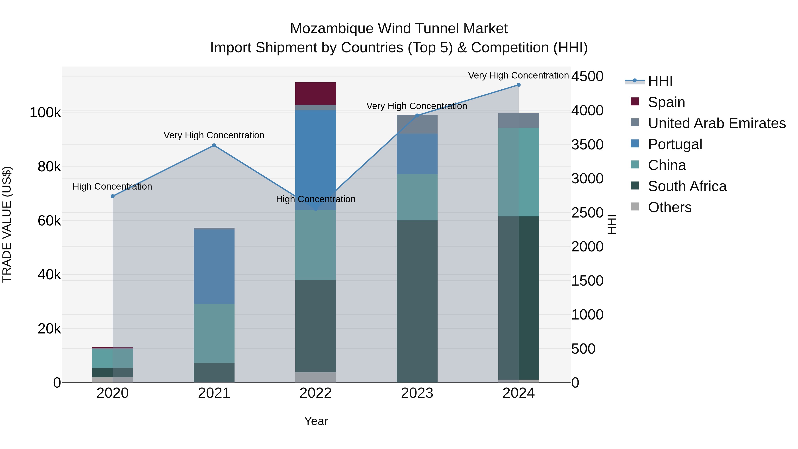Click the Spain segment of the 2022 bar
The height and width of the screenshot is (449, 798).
tap(315, 93)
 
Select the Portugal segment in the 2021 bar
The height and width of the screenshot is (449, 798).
tap(214, 267)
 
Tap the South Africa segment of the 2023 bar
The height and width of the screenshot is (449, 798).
tap(417, 301)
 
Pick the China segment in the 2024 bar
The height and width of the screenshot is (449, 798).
tap(518, 172)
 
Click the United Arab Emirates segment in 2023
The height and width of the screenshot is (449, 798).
tap(417, 124)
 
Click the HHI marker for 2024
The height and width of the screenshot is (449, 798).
tap(518, 85)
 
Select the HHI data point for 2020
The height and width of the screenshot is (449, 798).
tap(112, 196)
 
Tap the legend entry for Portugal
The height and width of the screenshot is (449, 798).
tap(675, 144)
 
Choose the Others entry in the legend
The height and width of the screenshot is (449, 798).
tap(669, 207)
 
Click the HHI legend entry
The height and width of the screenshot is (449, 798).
tap(660, 81)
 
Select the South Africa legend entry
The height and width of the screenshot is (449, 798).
tap(687, 186)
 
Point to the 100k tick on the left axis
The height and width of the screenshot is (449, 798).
tap(45, 112)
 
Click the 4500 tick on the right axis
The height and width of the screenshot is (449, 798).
tap(587, 76)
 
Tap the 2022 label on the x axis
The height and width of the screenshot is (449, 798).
tap(315, 393)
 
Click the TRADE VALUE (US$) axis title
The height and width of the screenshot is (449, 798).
tap(7, 224)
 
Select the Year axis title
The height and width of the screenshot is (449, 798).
tap(316, 421)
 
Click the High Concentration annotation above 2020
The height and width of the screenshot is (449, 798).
tap(112, 186)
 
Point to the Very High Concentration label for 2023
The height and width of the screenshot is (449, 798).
tap(417, 106)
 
